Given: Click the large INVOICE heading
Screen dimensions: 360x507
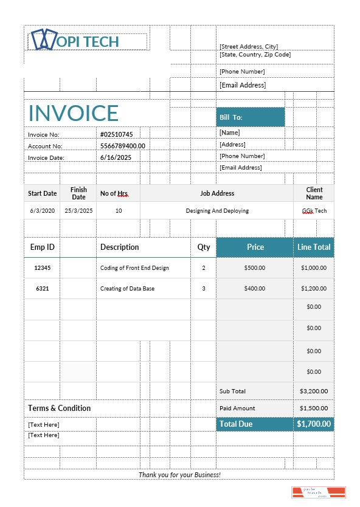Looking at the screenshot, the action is coord(74,113).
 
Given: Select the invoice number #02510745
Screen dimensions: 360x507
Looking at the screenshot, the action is coord(116,134).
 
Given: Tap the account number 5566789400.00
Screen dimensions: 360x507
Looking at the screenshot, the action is coord(122,146).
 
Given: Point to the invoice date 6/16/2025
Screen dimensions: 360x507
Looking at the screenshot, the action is coord(116,157).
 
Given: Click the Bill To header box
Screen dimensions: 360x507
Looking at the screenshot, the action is coord(250,117).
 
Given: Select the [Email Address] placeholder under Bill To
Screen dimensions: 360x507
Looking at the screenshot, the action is coord(240,167).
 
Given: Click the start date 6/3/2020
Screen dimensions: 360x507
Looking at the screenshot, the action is coord(42,211).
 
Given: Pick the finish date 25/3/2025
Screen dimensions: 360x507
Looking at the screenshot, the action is coord(78,211).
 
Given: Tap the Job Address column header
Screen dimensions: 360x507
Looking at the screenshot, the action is coord(217,193).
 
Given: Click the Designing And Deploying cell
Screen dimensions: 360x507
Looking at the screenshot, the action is coord(217,211).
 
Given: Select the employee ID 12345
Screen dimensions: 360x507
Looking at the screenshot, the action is coord(43,268).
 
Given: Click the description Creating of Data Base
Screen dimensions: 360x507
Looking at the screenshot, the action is coord(127,289).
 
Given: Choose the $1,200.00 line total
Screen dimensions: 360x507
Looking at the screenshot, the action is coord(314,289).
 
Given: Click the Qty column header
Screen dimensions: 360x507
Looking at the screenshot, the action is coord(204,247).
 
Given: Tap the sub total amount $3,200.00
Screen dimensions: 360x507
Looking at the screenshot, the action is coord(314,391).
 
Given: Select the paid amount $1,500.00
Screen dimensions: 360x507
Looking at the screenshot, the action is coord(314,409).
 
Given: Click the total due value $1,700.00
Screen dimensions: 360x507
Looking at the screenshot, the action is coord(314,424).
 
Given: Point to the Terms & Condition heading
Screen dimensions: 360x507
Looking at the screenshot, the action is coord(60,408).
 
